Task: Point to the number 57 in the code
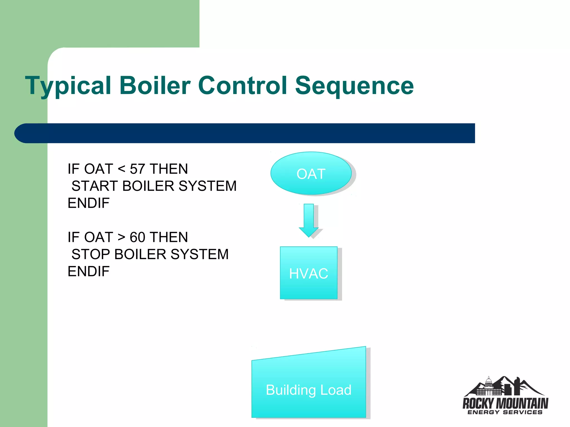[x=137, y=169]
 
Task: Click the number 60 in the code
[x=137, y=237]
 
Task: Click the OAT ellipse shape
[x=311, y=173]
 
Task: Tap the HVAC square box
[x=309, y=273]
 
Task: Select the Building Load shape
[x=309, y=389]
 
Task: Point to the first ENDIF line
[x=89, y=203]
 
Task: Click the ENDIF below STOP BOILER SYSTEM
[x=89, y=271]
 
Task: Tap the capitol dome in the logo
[x=488, y=384]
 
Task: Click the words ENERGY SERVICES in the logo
[x=505, y=412]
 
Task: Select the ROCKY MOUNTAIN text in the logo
[x=505, y=403]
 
